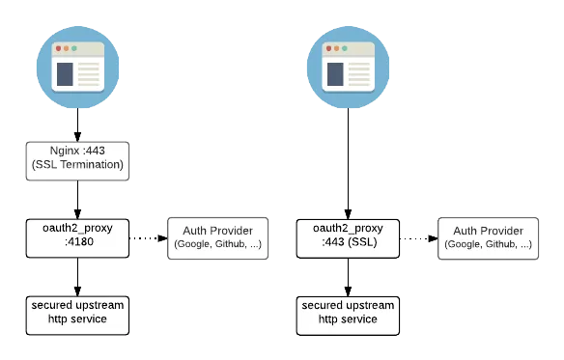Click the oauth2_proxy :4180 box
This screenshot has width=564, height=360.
tap(77, 237)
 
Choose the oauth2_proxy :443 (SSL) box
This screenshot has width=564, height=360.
tap(348, 237)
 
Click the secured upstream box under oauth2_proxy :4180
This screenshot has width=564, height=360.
tap(77, 313)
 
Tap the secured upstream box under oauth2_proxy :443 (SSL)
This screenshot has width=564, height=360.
tap(348, 313)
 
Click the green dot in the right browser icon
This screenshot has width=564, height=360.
tap(343, 48)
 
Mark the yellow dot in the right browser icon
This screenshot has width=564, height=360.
tap(336, 48)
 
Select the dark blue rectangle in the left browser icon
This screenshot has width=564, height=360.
tap(63, 73)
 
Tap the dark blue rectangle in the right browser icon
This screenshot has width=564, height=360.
tap(333, 73)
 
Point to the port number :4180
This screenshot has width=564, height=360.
tap(77, 244)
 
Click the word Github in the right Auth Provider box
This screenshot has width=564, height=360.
tap(493, 245)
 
